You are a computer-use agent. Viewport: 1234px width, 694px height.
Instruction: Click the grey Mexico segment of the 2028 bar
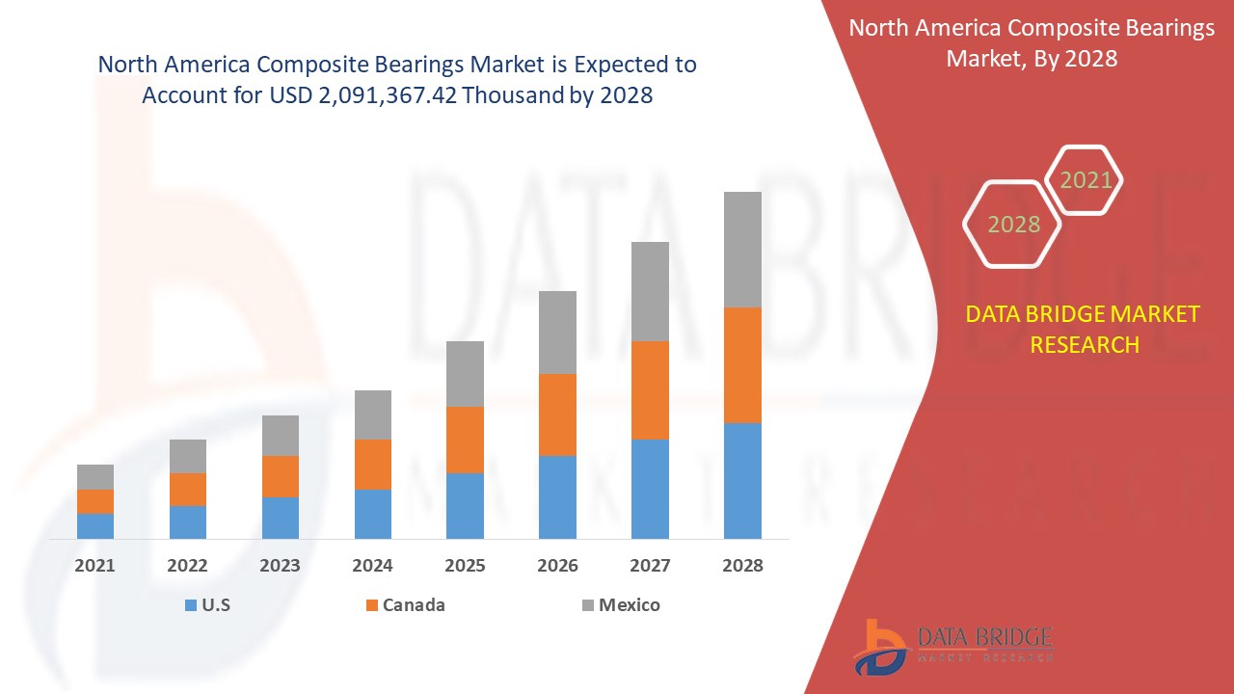click(x=742, y=250)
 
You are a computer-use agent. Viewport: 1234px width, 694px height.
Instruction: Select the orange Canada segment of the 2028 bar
click(x=742, y=365)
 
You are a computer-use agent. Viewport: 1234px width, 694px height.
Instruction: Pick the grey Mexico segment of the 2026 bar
click(x=557, y=333)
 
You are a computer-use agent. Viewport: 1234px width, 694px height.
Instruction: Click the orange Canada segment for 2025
click(x=465, y=440)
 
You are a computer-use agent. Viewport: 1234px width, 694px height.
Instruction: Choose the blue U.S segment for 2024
click(x=373, y=514)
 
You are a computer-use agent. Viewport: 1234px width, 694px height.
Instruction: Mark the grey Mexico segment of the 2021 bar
click(x=95, y=477)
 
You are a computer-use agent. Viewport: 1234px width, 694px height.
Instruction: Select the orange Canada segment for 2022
click(x=188, y=490)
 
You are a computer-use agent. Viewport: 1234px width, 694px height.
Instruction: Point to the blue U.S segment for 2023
click(x=281, y=518)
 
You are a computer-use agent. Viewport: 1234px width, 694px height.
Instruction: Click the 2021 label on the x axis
click(x=95, y=566)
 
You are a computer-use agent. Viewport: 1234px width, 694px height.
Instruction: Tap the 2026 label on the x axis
click(x=557, y=566)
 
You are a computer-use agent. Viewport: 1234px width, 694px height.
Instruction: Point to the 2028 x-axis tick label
click(x=742, y=566)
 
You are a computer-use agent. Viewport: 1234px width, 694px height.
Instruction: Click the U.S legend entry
click(x=207, y=605)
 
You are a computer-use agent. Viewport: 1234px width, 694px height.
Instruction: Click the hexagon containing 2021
click(x=1086, y=180)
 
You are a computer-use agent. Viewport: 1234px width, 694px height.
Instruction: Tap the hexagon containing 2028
click(x=1013, y=224)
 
